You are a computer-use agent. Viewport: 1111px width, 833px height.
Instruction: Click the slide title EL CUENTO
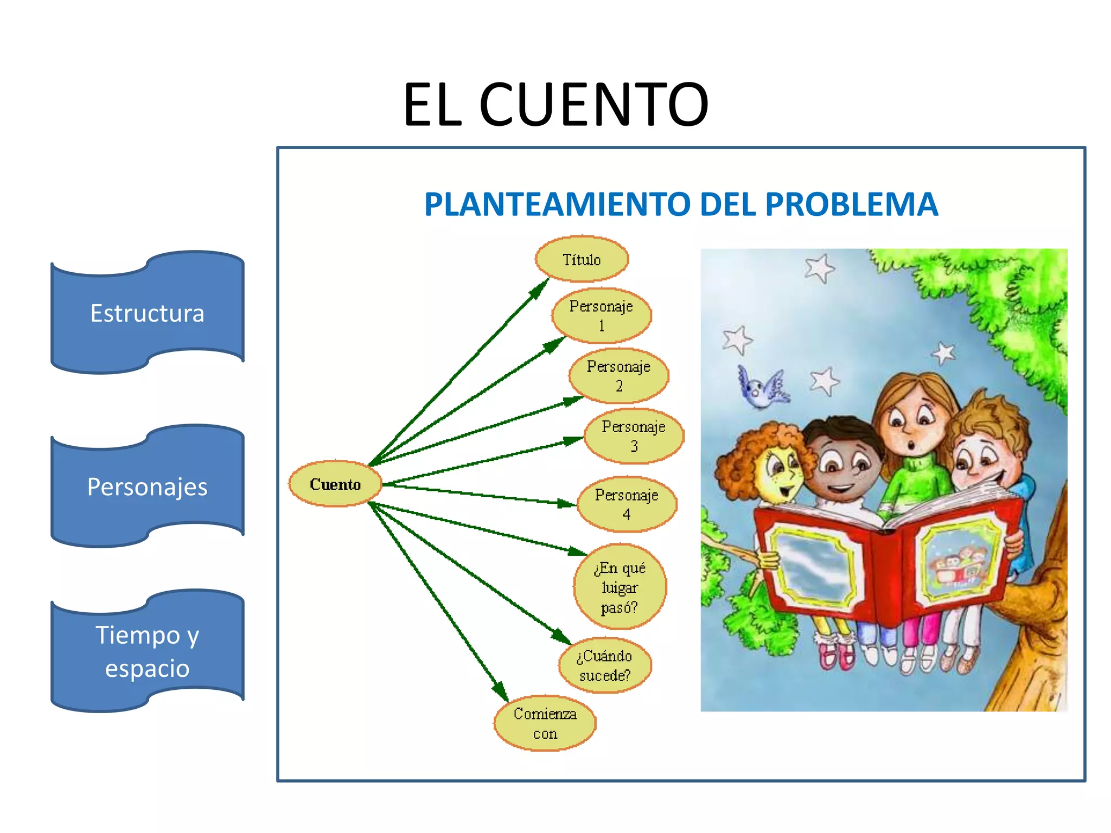(x=555, y=104)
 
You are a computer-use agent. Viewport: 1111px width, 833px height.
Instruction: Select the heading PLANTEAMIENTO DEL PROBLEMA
(x=681, y=204)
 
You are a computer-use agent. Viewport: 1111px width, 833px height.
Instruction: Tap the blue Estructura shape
(x=148, y=313)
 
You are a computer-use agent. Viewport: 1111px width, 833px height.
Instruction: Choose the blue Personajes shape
(x=148, y=486)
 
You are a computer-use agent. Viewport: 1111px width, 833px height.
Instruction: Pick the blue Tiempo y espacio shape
(x=148, y=651)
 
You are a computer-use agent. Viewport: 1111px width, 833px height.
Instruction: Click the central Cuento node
(x=335, y=484)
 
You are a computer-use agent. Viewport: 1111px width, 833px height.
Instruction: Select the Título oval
(x=582, y=259)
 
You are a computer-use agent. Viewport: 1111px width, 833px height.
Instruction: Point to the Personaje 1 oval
(x=601, y=316)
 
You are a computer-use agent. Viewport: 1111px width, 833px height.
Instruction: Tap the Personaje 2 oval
(x=618, y=376)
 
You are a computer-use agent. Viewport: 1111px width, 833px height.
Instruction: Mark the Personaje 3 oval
(x=634, y=436)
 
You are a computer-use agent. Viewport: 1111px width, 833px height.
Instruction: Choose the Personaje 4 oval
(x=627, y=504)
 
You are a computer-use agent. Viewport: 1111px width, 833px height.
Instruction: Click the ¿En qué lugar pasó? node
(x=620, y=587)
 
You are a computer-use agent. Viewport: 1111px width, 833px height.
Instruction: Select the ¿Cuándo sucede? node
(x=605, y=665)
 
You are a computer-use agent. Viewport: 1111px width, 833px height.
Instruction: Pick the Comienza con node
(x=545, y=723)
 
